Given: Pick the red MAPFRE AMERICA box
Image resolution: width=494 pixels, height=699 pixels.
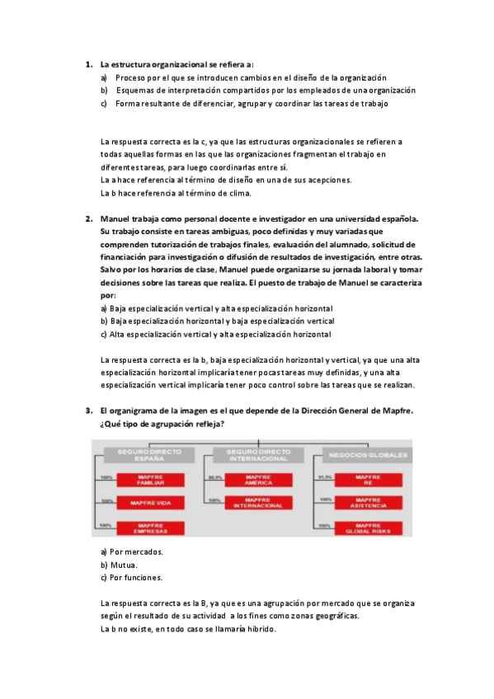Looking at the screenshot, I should [x=259, y=480].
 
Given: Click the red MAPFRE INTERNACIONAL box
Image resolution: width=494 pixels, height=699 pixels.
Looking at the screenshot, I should [x=259, y=502].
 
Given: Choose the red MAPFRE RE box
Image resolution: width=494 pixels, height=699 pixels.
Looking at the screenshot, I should [x=368, y=480].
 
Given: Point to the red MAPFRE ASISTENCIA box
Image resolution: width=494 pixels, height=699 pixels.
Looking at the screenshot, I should [x=368, y=502].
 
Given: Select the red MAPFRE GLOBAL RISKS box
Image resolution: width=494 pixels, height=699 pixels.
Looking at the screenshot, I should [x=368, y=528].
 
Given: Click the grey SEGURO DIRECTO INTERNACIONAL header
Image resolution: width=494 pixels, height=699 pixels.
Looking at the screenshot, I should [x=258, y=454].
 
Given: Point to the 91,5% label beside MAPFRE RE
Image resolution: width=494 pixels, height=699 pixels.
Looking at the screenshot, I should [x=324, y=477].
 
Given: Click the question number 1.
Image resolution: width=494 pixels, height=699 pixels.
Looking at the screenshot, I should [x=88, y=63].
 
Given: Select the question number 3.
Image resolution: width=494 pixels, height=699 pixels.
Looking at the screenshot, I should [x=88, y=410].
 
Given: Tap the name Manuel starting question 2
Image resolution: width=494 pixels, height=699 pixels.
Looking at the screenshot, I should [x=115, y=218].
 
